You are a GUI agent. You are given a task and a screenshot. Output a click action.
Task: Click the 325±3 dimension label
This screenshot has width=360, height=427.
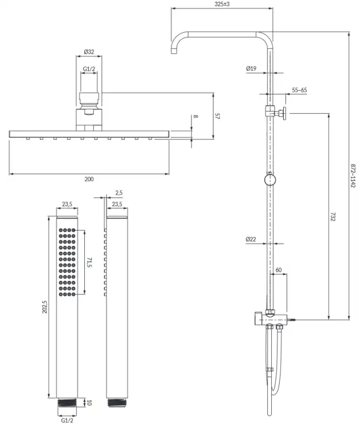pyautogui.click(x=222, y=4)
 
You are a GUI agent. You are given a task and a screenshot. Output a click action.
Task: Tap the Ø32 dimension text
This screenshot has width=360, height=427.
pyautogui.click(x=89, y=52)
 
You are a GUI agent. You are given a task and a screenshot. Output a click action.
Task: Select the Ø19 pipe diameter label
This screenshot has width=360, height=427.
pyautogui.click(x=251, y=68)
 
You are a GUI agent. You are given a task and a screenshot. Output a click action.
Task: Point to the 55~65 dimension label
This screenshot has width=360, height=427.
pyautogui.click(x=299, y=90)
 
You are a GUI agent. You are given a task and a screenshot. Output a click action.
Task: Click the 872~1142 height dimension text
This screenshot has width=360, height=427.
pyautogui.click(x=353, y=176)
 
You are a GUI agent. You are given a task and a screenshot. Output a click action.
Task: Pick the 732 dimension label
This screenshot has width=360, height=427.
pyautogui.click(x=333, y=217)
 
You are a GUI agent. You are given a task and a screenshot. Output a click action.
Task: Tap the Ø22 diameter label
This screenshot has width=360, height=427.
pyautogui.click(x=251, y=239)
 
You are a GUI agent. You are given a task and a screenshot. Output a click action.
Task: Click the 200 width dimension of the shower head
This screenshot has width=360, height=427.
pyautogui.click(x=89, y=179)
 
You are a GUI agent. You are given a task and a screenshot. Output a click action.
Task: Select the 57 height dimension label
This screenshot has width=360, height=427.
pyautogui.click(x=217, y=116)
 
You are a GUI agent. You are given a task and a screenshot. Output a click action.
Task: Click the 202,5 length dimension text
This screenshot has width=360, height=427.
pyautogui.click(x=44, y=307)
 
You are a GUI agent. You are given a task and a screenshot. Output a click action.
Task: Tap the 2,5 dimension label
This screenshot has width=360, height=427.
pyautogui.click(x=119, y=193)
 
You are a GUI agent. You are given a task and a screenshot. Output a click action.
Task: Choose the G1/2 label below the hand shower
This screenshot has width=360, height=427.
pyautogui.click(x=67, y=421)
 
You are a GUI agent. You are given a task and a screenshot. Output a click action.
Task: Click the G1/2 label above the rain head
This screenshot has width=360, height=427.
pyautogui.click(x=89, y=69)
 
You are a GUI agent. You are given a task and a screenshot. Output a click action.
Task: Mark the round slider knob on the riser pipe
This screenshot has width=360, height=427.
pyautogui.click(x=270, y=179)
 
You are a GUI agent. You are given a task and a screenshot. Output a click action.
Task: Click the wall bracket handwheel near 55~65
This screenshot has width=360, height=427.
pyautogui.click(x=284, y=113)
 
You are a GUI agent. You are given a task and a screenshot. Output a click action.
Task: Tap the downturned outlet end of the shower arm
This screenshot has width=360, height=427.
pyautogui.click(x=174, y=51)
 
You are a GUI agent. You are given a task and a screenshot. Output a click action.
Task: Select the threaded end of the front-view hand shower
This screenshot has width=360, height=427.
pyautogui.click(x=67, y=403)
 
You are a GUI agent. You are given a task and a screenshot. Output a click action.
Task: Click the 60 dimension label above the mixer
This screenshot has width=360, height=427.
pyautogui.click(x=279, y=270)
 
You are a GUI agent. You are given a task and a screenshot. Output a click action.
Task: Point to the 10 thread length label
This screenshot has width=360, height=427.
pyautogui.click(x=89, y=402)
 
